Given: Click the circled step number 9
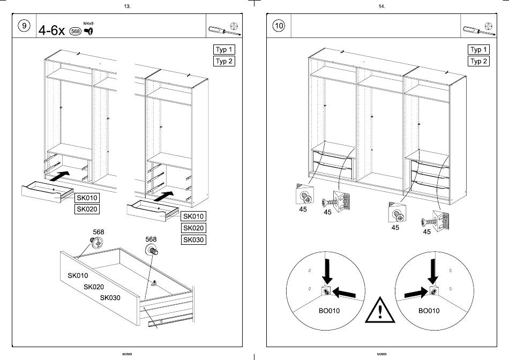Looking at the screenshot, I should click(x=24, y=26).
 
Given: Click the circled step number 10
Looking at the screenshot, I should click(x=279, y=26).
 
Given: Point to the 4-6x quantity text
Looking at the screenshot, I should click(x=51, y=31).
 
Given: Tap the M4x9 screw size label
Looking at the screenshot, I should click(x=88, y=23).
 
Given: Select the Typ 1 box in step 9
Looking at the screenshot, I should click(x=224, y=50).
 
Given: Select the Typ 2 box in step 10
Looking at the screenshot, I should click(x=478, y=61).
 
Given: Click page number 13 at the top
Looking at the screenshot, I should click(x=127, y=6).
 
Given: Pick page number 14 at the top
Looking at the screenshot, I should click(x=381, y=6).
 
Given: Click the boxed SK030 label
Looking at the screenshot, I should click(x=193, y=240).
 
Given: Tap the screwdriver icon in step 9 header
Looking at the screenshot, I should click(x=216, y=29).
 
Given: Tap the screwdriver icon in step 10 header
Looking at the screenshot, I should click(x=471, y=29).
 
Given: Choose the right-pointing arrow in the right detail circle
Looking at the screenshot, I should click(x=415, y=293).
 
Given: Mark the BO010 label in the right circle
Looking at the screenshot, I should click(x=429, y=311).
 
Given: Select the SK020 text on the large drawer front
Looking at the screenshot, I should click(x=94, y=287).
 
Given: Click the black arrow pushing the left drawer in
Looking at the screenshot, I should click(x=61, y=175).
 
